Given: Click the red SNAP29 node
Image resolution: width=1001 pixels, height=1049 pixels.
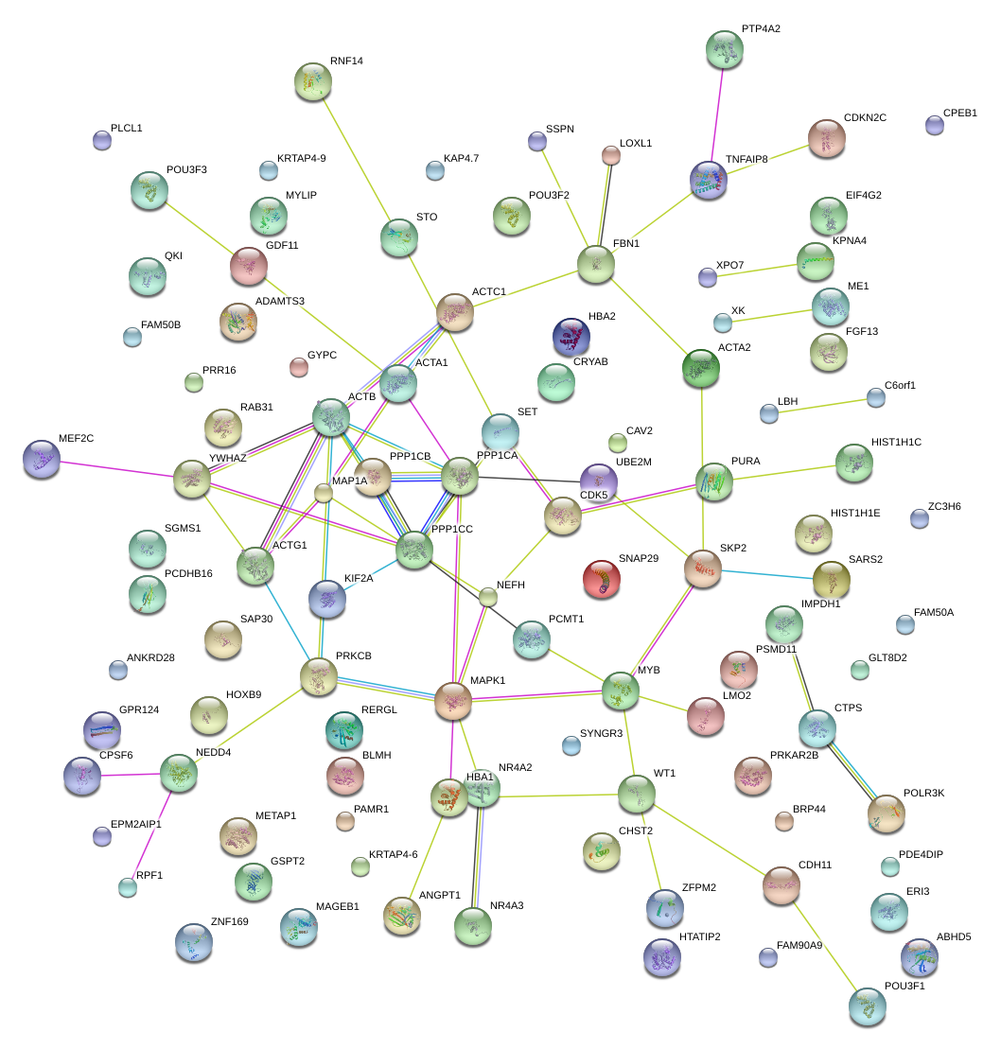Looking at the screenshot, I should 602,578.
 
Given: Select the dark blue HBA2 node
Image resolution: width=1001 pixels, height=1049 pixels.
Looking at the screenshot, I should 571,336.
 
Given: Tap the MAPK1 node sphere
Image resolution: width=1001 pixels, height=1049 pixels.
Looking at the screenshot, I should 453,701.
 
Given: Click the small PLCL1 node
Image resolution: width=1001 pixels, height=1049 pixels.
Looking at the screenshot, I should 102,141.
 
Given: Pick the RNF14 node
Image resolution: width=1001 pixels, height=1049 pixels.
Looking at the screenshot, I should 312,81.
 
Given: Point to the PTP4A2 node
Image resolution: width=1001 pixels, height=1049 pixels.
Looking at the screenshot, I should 725,49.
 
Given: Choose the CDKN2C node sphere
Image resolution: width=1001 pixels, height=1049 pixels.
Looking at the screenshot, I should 827,138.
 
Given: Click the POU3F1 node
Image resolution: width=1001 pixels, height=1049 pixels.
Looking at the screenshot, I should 867,1006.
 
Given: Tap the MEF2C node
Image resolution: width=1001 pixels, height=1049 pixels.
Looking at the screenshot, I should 41,459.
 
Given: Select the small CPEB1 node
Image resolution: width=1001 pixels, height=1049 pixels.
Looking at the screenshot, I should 934,125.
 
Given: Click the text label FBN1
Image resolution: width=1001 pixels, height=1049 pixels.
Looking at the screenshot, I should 626,244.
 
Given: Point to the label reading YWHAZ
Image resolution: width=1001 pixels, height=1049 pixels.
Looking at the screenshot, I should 227,458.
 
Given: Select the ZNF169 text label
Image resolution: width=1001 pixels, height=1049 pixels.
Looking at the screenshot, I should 229,920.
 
